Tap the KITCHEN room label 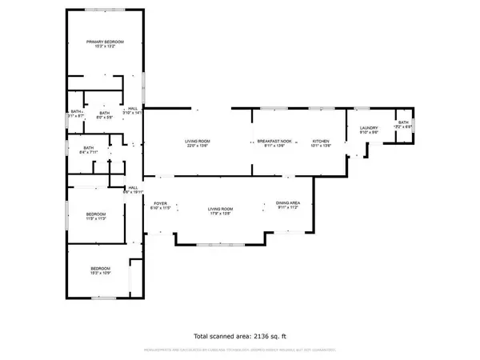(321, 141)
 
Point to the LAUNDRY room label (368, 128)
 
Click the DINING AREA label (287, 203)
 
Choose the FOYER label (160, 204)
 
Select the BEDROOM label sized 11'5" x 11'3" (96, 214)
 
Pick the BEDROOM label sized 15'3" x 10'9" (100, 268)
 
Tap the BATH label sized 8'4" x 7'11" (88, 147)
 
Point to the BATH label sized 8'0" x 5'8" (104, 113)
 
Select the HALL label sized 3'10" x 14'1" (132, 110)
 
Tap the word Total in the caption (204, 336)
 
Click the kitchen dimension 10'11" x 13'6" (321, 146)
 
